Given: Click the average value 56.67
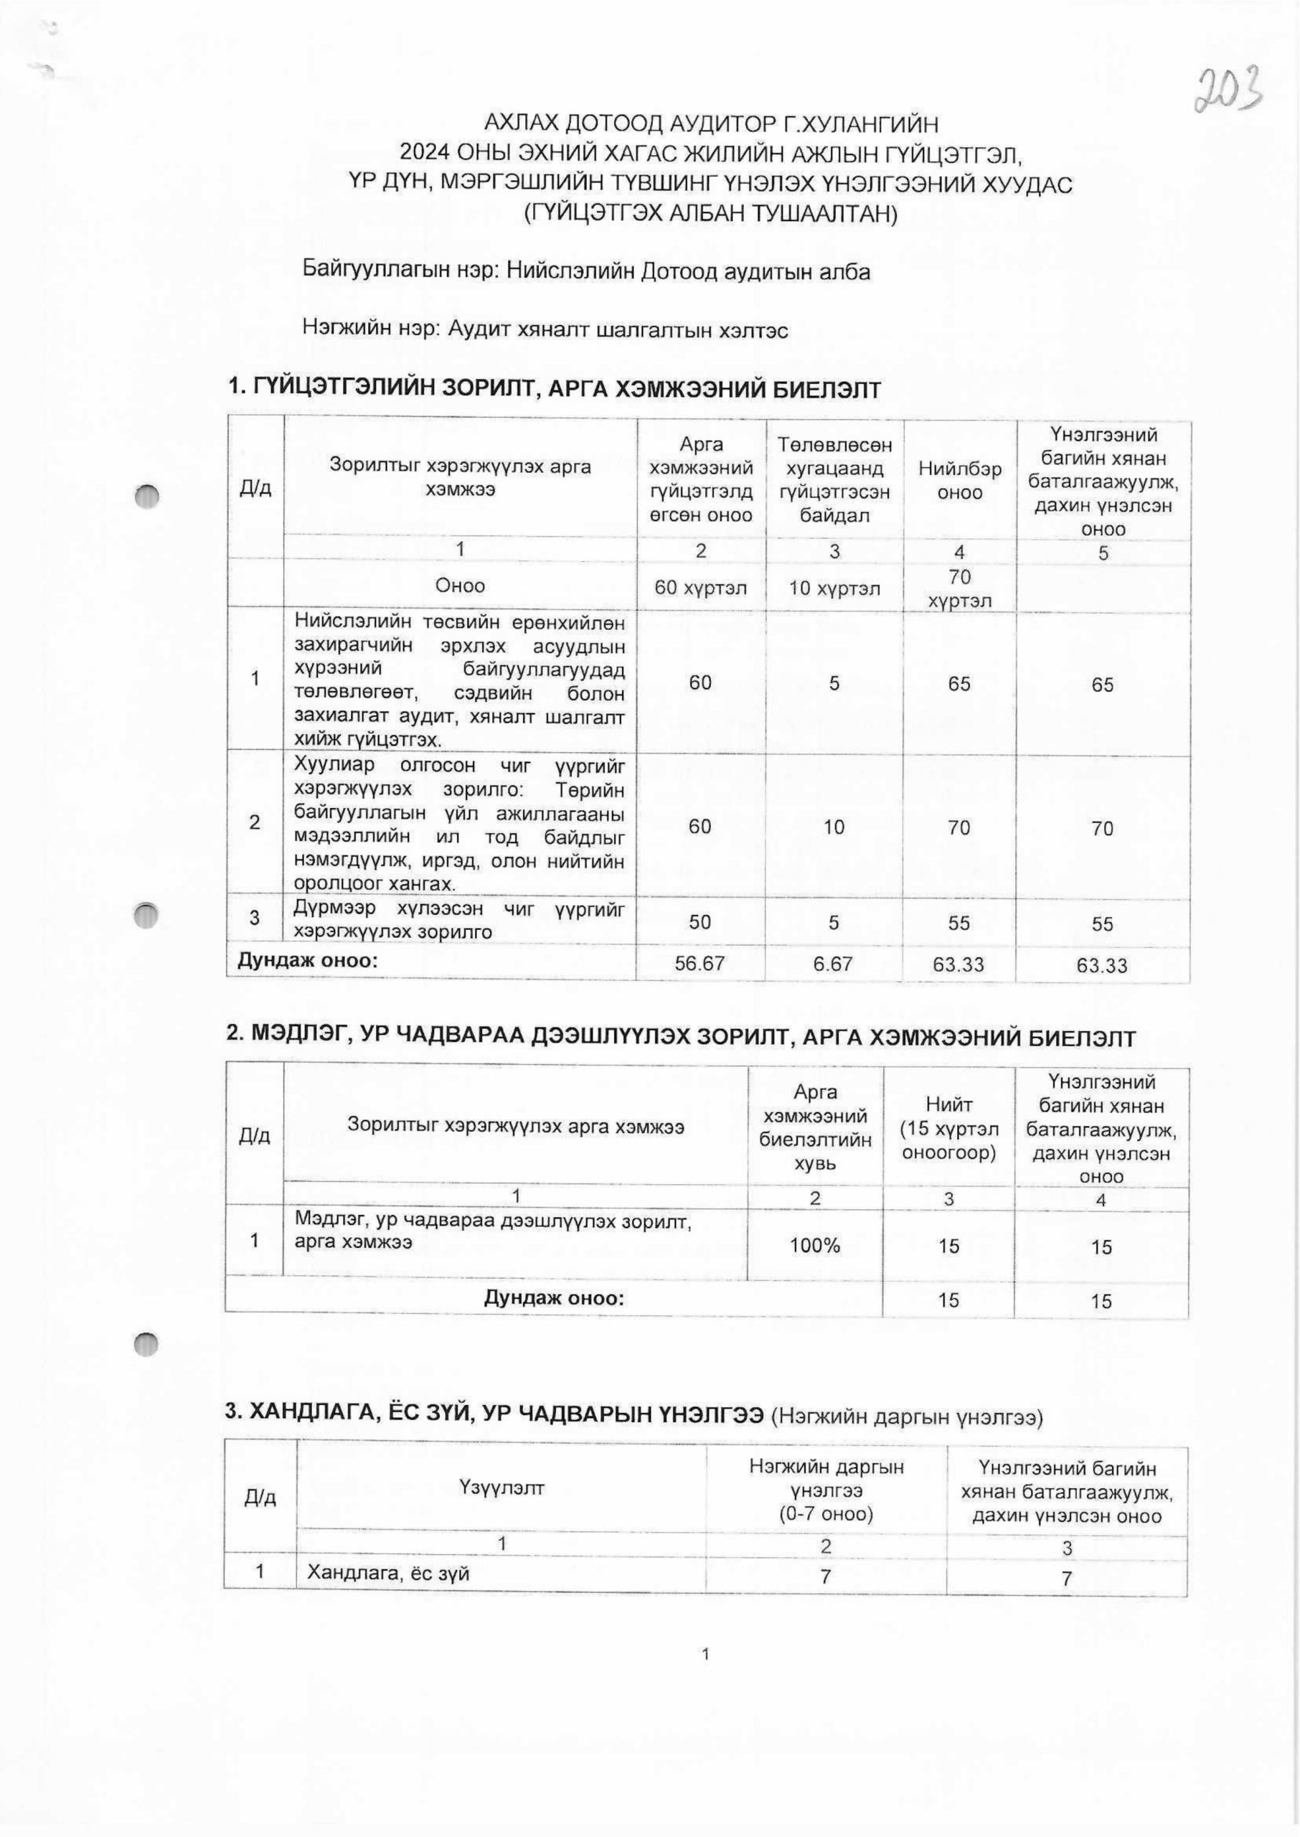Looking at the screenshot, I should (700, 964).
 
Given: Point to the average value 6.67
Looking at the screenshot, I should (834, 964).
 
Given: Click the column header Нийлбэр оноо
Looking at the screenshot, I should (959, 480).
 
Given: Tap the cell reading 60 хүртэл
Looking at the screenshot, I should (700, 588).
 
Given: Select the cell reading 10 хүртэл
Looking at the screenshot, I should (834, 588).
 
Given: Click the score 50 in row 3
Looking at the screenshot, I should (700, 922).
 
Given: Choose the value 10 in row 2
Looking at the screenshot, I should (834, 827).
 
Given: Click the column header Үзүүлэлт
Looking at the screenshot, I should (502, 1488).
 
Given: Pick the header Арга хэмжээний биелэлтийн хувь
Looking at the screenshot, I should (815, 1127).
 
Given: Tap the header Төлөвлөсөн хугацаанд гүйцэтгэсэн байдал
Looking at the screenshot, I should (834, 479).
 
